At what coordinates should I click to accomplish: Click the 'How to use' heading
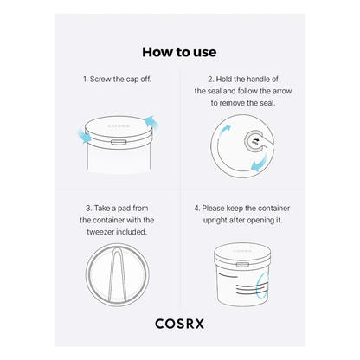[x=179, y=52]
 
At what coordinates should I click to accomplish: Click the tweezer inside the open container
[x=117, y=275]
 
